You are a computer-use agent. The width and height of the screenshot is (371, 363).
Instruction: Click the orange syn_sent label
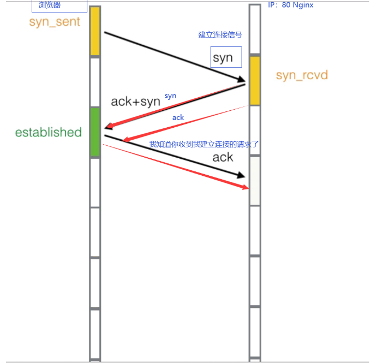[55, 22]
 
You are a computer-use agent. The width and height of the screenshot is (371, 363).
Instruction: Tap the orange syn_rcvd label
[302, 75]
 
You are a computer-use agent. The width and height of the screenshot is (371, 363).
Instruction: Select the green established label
[48, 132]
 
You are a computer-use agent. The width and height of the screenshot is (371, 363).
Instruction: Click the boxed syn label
[223, 58]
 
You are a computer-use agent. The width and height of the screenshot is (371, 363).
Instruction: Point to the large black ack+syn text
[135, 101]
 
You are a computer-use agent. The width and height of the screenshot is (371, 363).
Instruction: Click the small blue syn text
[170, 96]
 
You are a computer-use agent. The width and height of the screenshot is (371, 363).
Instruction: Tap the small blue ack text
[178, 117]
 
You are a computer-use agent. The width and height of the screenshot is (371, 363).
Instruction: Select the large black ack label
[223, 158]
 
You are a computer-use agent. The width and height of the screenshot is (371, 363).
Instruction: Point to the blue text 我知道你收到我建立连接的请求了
[203, 144]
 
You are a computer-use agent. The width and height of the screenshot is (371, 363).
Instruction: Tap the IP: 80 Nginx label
[290, 5]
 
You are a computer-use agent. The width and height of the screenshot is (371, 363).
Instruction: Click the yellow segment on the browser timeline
[95, 31]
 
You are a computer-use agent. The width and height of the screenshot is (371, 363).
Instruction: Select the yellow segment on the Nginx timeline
[254, 80]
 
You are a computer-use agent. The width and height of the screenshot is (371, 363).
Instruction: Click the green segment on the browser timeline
[95, 133]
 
